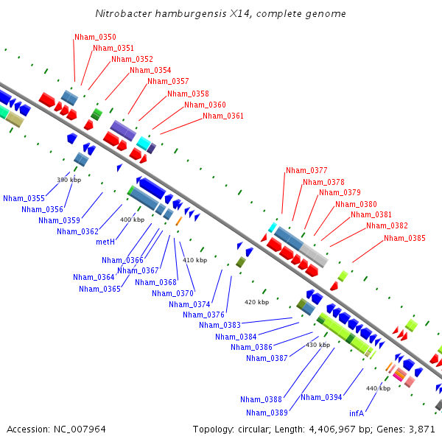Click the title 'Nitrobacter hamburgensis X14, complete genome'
[220, 13]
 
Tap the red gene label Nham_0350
[95, 38]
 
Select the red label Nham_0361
[223, 116]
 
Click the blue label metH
[105, 242]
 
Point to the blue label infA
[357, 413]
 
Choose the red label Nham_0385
[404, 238]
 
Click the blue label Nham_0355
[24, 198]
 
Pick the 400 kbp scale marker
[132, 220]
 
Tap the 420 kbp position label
[256, 302]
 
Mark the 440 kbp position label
[379, 388]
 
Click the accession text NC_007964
[80, 429]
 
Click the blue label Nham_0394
[321, 398]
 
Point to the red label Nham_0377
[306, 170]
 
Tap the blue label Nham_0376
[203, 315]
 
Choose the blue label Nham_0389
[267, 413]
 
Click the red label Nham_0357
[168, 81]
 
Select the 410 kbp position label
[194, 260]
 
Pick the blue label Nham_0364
[94, 278]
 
